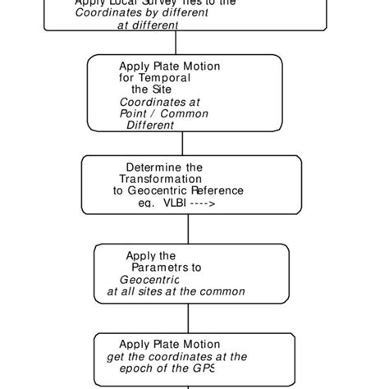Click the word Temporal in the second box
point(170,78)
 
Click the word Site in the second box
point(162,89)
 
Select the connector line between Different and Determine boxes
point(182,144)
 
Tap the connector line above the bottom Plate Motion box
point(190,318)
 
